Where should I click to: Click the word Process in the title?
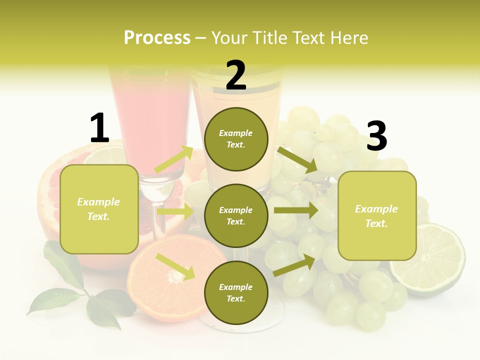tap(157, 38)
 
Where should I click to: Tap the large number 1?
tap(99, 128)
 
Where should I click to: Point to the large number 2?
tap(236, 75)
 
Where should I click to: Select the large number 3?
tap(376, 136)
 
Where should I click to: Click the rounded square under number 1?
tap(99, 209)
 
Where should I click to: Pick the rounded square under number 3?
tap(377, 216)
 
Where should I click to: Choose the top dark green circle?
tap(236, 139)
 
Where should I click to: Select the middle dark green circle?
tap(236, 215)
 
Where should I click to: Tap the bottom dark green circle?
tap(236, 292)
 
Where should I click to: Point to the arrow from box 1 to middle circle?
tap(175, 211)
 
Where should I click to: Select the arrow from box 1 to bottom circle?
tap(175, 266)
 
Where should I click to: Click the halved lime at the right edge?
tap(428, 260)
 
